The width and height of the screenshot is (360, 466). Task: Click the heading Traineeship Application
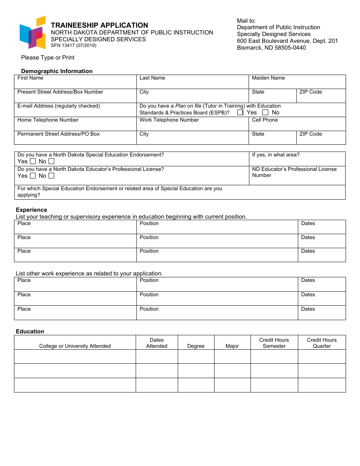coord(99,25)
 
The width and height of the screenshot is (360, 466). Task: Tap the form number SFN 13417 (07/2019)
coord(74,45)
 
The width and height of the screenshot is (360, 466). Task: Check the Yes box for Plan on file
coord(240,113)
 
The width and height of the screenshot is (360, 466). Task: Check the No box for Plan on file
coord(265,113)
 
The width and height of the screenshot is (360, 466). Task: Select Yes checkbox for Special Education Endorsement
coord(33,161)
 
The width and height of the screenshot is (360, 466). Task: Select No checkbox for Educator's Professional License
coord(51,176)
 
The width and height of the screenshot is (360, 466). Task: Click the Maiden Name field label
coord(268,78)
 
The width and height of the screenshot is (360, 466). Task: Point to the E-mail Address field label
coord(59,106)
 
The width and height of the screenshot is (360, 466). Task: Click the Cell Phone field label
coord(265,120)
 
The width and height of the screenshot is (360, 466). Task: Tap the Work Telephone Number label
coord(169,120)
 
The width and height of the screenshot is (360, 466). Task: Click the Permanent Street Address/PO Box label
coord(59,134)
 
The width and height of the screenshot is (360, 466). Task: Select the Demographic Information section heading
coord(57,71)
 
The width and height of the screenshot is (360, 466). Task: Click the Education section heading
coord(30,332)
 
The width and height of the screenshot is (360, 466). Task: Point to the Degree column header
coord(196,346)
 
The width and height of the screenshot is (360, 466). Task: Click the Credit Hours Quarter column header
coord(322,343)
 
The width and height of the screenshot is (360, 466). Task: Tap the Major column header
coord(232,346)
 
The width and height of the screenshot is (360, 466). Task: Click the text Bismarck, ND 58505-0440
coord(271,48)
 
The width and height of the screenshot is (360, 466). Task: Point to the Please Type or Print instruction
coord(48,58)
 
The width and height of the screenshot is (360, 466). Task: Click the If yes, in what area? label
coord(276,155)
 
